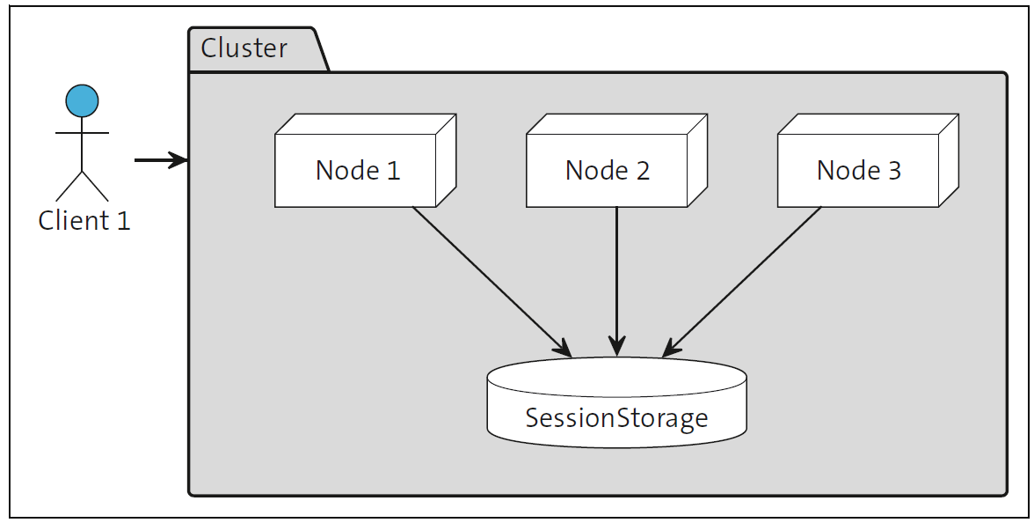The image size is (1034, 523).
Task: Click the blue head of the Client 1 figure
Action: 82,100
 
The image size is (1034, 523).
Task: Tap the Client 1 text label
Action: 84,220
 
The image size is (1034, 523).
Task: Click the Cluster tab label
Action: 244,48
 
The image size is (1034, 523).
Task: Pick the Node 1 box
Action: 357,169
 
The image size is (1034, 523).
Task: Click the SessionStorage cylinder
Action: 616,415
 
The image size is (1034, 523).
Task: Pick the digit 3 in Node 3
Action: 893,170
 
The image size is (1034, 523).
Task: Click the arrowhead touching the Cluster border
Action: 179,160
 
